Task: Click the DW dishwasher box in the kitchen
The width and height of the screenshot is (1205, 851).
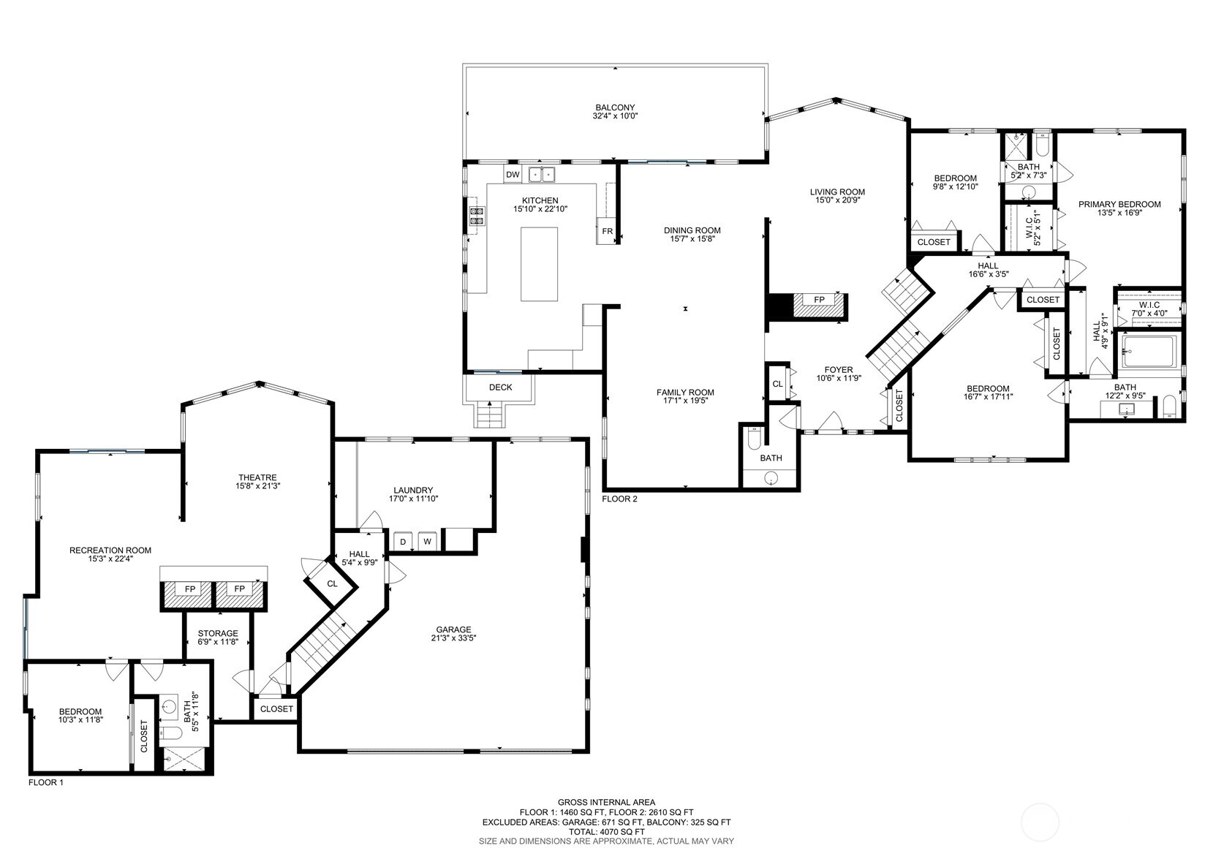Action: click(x=513, y=174)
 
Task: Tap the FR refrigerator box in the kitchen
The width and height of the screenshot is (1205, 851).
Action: click(x=608, y=231)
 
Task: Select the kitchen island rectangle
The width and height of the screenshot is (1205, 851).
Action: click(x=539, y=264)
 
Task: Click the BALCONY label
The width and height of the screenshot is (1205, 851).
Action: click(x=615, y=107)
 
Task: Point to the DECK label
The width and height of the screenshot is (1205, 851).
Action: click(x=500, y=387)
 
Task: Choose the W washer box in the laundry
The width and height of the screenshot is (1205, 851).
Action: click(x=427, y=542)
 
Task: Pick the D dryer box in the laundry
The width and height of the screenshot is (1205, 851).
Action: click(x=403, y=542)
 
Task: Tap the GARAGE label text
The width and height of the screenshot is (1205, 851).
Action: click(x=453, y=629)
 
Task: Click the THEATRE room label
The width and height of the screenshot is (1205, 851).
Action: click(x=257, y=477)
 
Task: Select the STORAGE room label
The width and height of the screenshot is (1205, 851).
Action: click(x=218, y=634)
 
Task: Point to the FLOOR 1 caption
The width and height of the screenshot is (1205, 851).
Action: click(x=46, y=783)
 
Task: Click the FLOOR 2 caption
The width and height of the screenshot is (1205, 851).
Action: click(x=620, y=499)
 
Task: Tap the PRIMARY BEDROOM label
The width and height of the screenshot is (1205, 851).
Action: click(x=1119, y=205)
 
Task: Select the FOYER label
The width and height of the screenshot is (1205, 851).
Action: click(x=839, y=370)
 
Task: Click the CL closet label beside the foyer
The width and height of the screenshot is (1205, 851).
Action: click(x=777, y=384)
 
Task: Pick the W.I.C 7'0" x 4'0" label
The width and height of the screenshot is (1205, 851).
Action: click(x=1149, y=309)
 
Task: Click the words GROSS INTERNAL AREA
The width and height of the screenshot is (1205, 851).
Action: click(x=606, y=803)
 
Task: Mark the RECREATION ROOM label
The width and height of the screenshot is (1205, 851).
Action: click(x=110, y=551)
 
